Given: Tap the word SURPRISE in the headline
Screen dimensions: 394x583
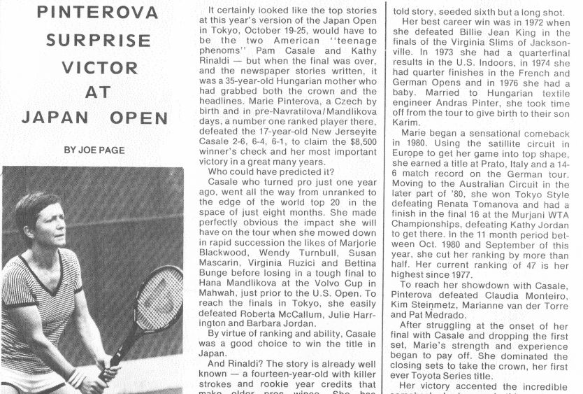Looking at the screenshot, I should point(93,39).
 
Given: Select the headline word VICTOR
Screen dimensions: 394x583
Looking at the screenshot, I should point(93,67).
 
